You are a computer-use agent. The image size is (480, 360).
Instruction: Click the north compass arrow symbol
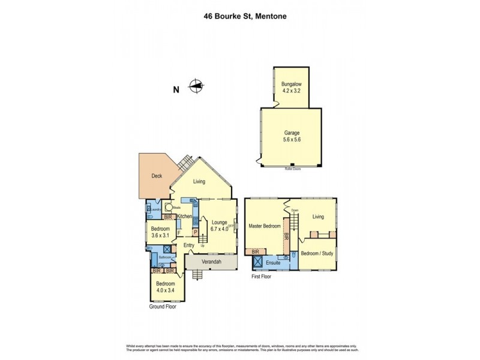[196, 87]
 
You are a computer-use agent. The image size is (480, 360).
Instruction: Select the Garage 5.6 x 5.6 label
[292, 137]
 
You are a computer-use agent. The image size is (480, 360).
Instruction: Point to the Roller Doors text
[292, 169]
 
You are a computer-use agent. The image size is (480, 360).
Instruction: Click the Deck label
[157, 176]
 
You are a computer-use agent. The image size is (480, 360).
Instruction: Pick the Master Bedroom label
[265, 226]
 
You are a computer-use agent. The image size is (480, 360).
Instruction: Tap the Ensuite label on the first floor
[274, 263]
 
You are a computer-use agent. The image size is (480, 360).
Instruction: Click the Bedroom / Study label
[318, 253]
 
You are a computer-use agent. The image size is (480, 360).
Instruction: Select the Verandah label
[211, 262]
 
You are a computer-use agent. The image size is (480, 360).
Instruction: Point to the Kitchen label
[184, 216]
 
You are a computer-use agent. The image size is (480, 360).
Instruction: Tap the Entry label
[189, 245]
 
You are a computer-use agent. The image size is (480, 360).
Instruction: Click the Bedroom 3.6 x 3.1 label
[160, 233]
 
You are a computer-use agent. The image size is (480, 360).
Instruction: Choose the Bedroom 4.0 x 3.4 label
[165, 287]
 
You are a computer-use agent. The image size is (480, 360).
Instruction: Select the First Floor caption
[263, 278]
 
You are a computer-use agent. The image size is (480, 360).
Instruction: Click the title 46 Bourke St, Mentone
[240, 17]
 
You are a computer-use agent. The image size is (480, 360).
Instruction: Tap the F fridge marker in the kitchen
[179, 232]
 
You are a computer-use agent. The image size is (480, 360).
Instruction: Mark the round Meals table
[170, 209]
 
